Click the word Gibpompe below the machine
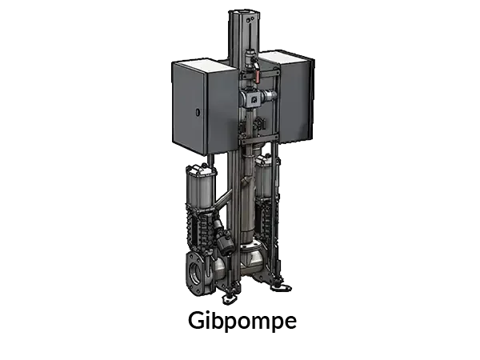tap(242, 321)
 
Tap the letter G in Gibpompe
tap(196, 320)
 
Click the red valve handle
tap(257, 76)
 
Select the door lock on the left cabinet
tap(198, 112)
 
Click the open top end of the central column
tap(244, 13)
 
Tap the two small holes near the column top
tap(250, 19)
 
